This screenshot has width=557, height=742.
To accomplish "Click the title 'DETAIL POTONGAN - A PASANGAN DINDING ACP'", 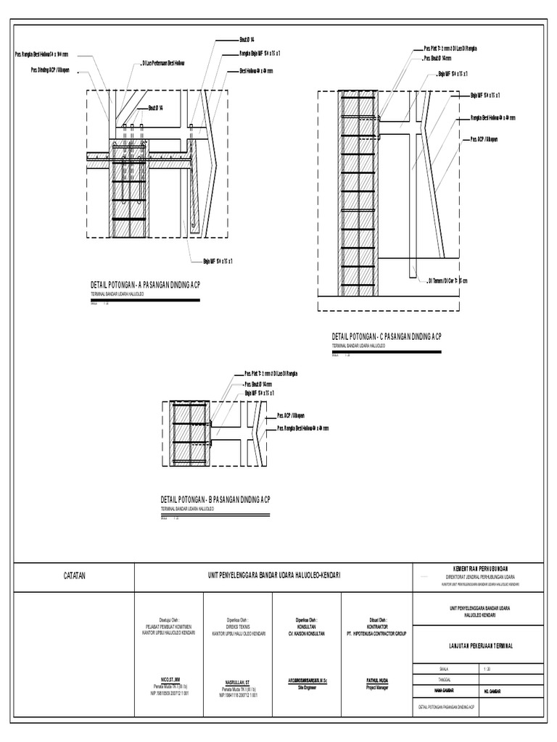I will (144, 285).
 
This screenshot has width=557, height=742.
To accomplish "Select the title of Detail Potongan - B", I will (215, 500).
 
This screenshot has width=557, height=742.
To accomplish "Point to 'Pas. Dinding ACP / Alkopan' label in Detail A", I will (50, 73).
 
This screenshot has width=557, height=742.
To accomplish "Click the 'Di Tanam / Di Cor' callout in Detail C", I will (447, 280).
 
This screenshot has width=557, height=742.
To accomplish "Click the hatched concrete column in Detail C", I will (359, 196).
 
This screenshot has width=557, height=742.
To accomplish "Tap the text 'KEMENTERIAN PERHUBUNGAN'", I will (475, 567).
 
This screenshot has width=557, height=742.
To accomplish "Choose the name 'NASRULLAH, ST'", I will (238, 683).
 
